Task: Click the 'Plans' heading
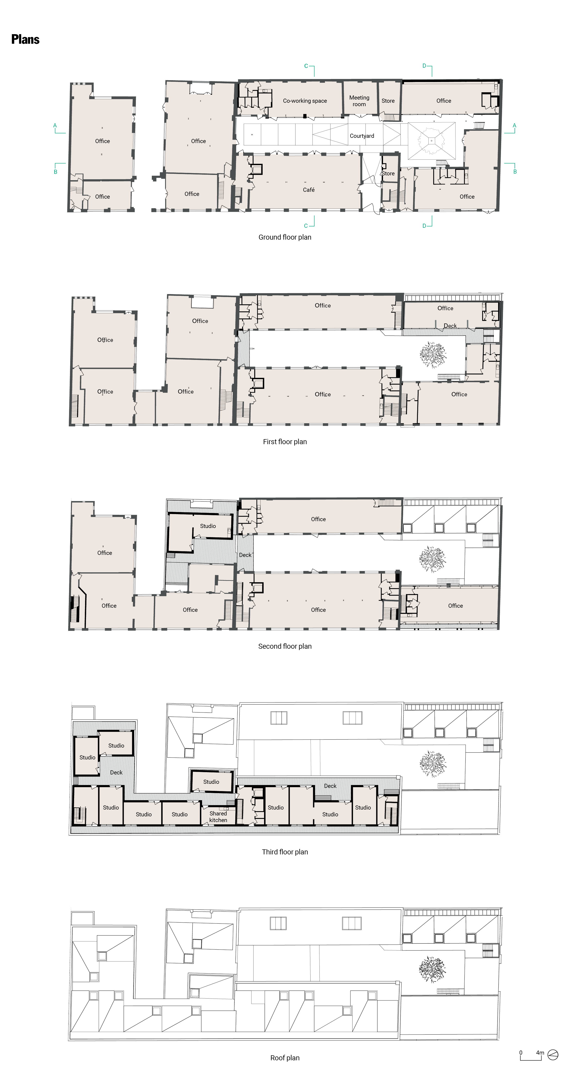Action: coord(25,39)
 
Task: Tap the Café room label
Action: coord(308,190)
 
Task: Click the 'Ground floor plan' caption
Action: coord(285,237)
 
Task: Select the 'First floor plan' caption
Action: coord(285,442)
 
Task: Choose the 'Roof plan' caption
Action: coord(285,1058)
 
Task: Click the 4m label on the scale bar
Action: coord(540,1053)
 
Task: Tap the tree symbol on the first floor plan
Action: coord(433,354)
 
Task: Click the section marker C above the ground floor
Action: coord(306,66)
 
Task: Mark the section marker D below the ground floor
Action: coord(425,226)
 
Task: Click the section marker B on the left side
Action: coord(55,172)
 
